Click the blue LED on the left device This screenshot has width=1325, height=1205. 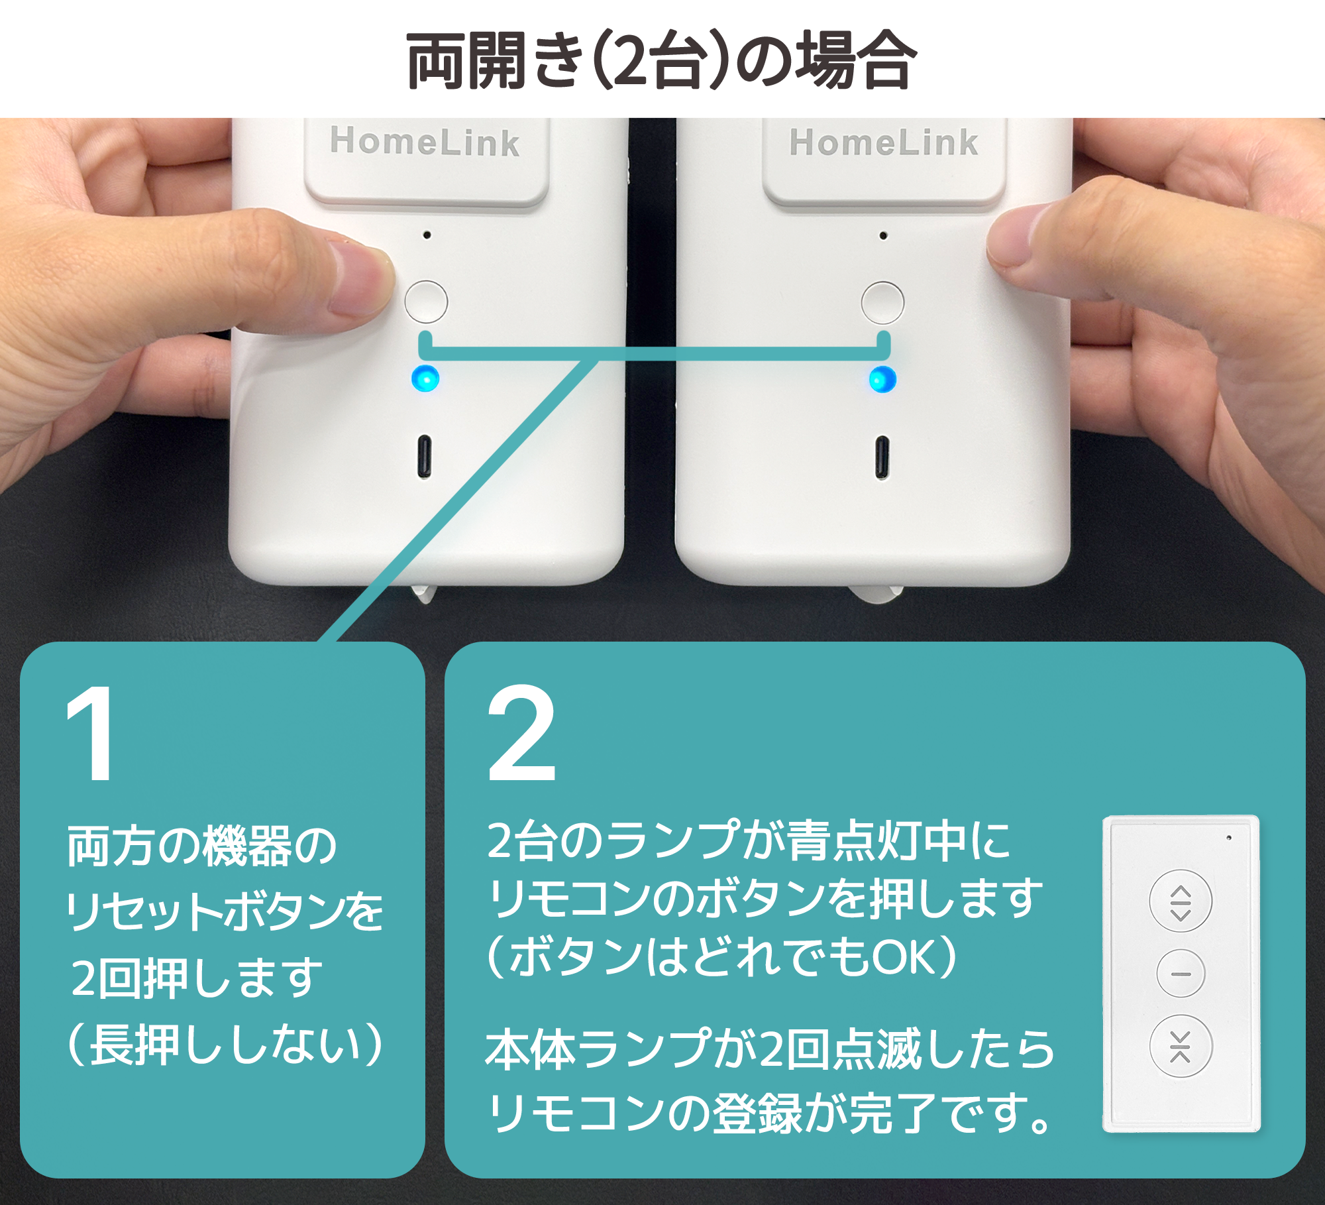[425, 378]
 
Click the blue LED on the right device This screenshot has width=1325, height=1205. [882, 379]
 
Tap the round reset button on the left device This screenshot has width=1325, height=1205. [426, 302]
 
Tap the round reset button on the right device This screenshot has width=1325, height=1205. [882, 303]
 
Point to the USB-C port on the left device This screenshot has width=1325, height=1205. [424, 456]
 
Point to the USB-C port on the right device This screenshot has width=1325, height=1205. [882, 457]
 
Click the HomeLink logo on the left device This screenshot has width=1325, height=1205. [425, 143]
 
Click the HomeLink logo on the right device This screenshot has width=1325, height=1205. [884, 143]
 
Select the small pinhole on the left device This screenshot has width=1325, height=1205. [427, 235]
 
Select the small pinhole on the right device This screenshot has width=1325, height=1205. [883, 235]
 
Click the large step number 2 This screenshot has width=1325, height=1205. [521, 734]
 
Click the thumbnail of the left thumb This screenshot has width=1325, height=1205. [361, 278]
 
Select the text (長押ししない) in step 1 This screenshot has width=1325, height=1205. [225, 1045]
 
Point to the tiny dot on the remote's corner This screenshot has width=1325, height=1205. [1229, 838]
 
